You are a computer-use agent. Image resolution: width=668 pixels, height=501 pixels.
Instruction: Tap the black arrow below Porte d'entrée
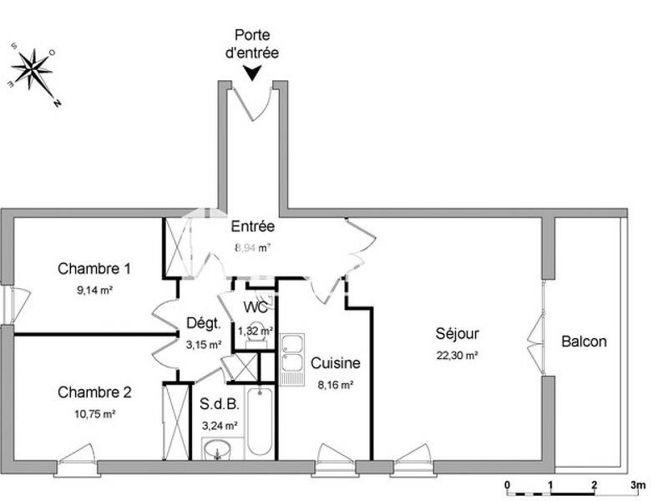pyautogui.click(x=251, y=75)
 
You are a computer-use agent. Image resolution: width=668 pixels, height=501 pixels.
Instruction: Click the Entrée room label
pyautogui.click(x=252, y=226)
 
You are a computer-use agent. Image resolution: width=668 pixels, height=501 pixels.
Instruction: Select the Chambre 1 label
pyautogui.click(x=94, y=269)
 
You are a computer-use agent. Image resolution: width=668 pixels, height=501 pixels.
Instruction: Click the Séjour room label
pyautogui.click(x=457, y=334)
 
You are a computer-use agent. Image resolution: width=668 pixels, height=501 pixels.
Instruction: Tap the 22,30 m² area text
pyautogui.click(x=457, y=355)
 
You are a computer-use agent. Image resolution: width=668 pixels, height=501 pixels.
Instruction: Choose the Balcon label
pyautogui.click(x=584, y=342)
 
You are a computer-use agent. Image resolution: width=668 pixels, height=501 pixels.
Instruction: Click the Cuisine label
pyautogui.click(x=336, y=363)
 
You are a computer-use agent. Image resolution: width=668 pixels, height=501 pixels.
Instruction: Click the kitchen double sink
pyautogui.click(x=292, y=359)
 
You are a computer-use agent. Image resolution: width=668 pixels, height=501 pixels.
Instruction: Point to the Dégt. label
pyautogui.click(x=203, y=324)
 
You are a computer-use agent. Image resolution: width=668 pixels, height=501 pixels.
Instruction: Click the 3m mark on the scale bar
pyautogui.click(x=638, y=485)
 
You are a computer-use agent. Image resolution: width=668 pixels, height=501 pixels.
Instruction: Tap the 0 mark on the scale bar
pyautogui.click(x=508, y=485)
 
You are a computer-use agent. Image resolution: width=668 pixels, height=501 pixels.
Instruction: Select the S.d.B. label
pyautogui.click(x=220, y=405)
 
